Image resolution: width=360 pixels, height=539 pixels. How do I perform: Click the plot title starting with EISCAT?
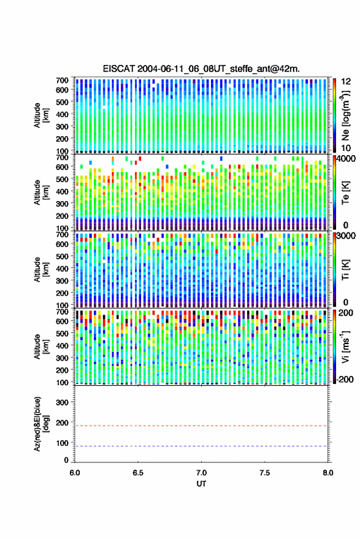[201, 69]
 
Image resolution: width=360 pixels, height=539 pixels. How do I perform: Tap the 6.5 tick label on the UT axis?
[138, 473]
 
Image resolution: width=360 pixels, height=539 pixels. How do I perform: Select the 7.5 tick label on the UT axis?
[264, 473]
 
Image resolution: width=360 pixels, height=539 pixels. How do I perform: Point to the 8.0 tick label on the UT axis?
[327, 473]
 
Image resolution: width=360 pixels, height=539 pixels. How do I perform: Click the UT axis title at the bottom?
[201, 484]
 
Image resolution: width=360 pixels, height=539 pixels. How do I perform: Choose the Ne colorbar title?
[345, 115]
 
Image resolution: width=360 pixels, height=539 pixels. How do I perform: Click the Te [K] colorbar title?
[345, 193]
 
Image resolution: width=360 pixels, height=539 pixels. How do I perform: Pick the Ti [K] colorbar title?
[345, 270]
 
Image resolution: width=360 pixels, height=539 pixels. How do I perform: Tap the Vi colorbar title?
[345, 346]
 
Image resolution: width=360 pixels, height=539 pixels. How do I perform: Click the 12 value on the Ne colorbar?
[346, 82]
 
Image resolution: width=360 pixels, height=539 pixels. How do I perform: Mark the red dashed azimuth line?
[201, 426]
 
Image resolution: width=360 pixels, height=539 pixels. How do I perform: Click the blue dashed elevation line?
[201, 446]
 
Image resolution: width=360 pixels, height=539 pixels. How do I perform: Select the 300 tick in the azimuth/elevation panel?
[62, 402]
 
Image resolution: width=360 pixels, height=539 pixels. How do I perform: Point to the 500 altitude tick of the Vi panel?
[62, 333]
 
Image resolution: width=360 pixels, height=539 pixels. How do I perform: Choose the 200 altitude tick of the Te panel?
[62, 216]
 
